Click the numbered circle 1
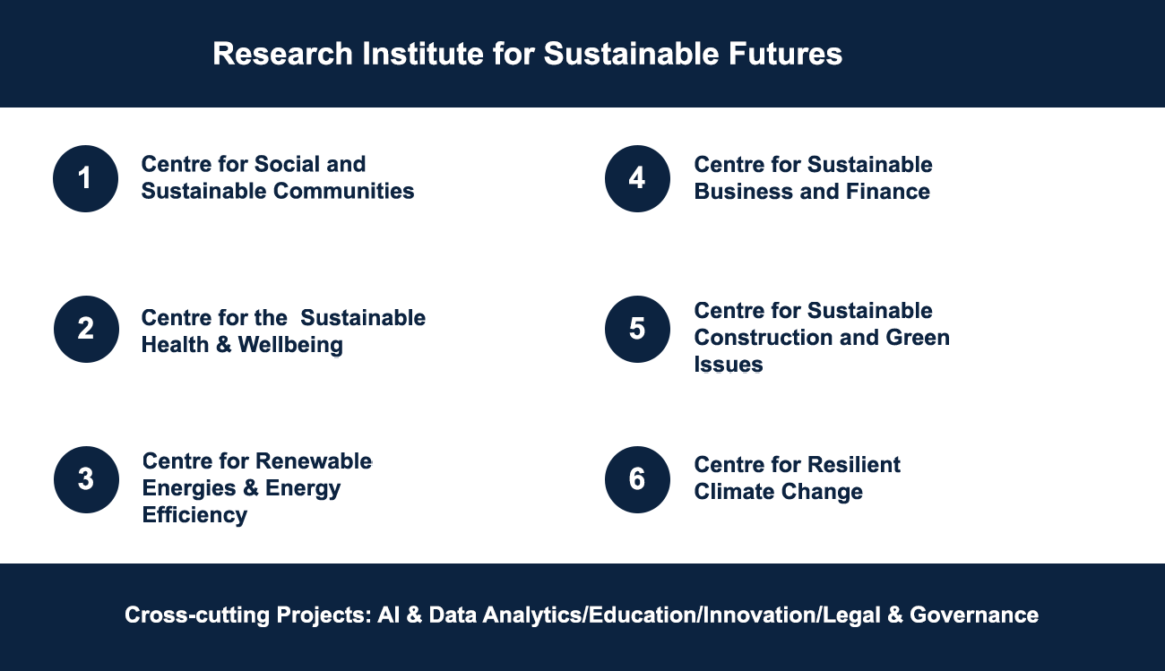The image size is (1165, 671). coord(85,178)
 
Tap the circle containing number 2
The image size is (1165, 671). coord(86,329)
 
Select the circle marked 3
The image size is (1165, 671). coord(86,479)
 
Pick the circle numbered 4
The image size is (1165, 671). coord(637,178)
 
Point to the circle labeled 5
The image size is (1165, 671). coord(637,329)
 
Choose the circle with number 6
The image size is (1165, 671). coord(637,479)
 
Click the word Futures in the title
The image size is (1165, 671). coord(785,54)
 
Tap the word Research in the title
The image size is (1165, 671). coord(283,54)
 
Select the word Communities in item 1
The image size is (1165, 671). coord(344,191)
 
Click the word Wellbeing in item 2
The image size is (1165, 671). coord(290,345)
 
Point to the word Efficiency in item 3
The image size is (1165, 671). coord(194,515)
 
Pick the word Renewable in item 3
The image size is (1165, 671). coord(314,461)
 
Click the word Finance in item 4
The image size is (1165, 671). coord(888,192)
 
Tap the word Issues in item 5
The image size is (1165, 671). coord(728,365)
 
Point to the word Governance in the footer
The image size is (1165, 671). coord(973,615)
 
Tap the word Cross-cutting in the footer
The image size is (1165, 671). coord(196,615)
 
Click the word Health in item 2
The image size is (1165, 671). coord(175,345)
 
